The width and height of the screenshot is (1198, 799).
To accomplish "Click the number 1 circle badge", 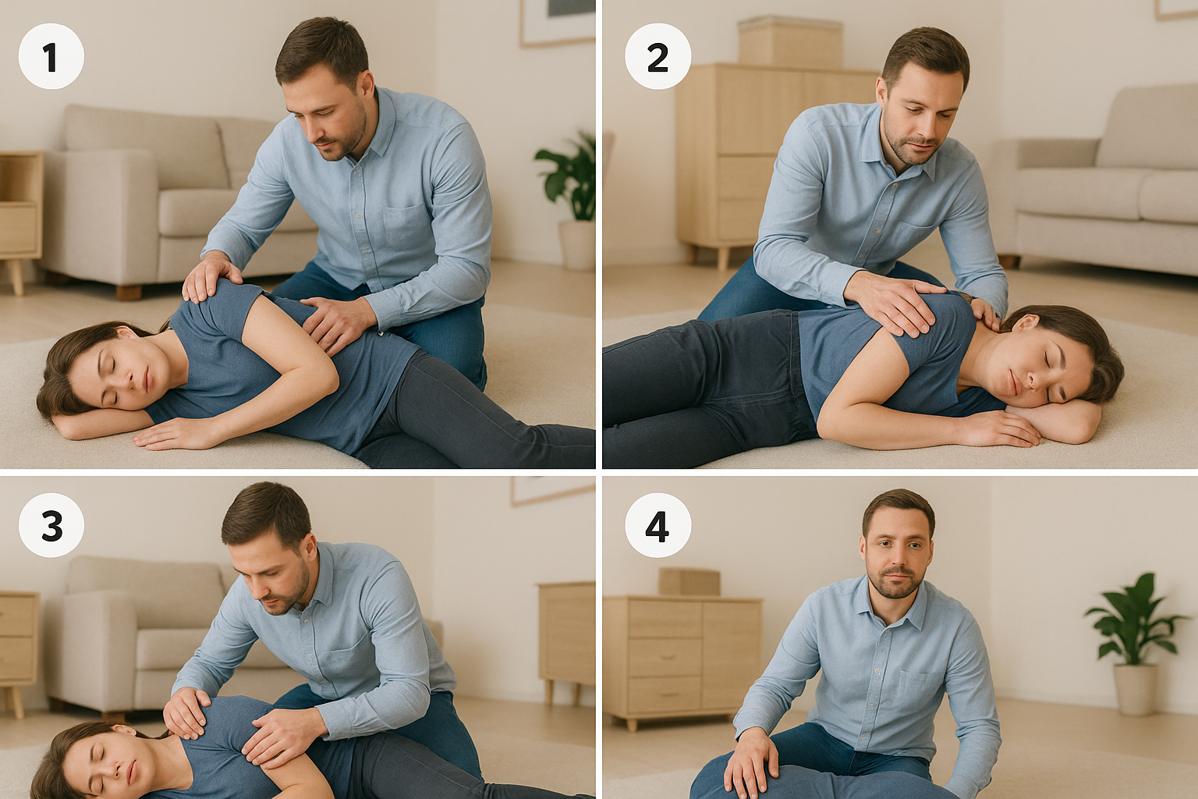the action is (x=51, y=56).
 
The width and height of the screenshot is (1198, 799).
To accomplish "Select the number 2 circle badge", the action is (x=657, y=56).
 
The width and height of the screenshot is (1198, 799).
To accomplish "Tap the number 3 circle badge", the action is (x=51, y=526).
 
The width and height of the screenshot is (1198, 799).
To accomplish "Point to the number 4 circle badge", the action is (x=657, y=526).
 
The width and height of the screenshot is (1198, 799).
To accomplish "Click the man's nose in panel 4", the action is (x=898, y=568).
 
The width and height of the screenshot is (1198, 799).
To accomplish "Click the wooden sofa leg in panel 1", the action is (x=129, y=292).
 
